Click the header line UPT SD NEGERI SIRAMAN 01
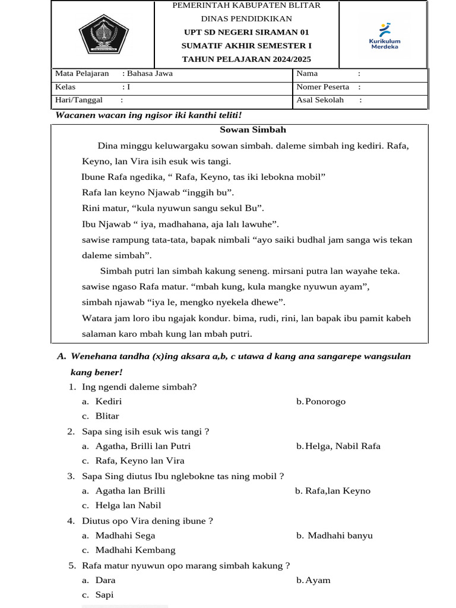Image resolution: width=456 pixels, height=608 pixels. point(246,32)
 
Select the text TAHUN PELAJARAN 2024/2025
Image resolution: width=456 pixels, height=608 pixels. point(246,59)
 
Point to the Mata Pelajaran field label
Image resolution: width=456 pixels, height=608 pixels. point(82,74)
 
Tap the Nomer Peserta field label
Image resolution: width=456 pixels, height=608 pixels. point(323,87)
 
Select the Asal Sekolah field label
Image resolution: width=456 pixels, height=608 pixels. point(320,100)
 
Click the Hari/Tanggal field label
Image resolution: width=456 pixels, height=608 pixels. point(79,100)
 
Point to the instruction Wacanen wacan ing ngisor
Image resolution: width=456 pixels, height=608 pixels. point(148,115)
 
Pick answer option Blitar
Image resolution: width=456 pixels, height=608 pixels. point(107,416)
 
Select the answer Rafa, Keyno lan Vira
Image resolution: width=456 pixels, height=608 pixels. point(140,461)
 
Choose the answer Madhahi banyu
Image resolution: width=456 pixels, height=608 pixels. point(340,536)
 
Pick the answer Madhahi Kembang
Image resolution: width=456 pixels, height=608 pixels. point(135,550)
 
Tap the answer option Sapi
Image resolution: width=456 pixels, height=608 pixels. point(104,595)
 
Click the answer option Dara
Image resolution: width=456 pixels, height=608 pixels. point(105,580)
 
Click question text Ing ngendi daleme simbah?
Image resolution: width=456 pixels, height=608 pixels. point(139,387)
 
